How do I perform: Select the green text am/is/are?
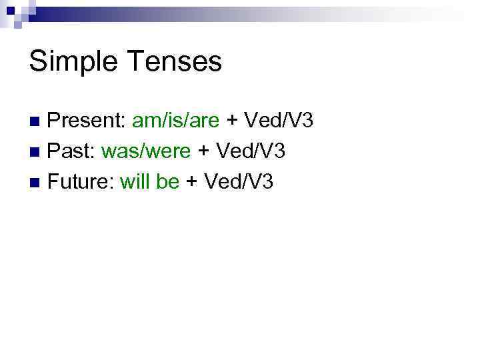(176, 121)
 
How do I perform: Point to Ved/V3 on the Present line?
(279, 121)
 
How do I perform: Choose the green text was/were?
(146, 151)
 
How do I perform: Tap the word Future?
(79, 181)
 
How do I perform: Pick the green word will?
(135, 181)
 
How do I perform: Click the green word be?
(167, 181)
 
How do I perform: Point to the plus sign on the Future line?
(191, 182)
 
